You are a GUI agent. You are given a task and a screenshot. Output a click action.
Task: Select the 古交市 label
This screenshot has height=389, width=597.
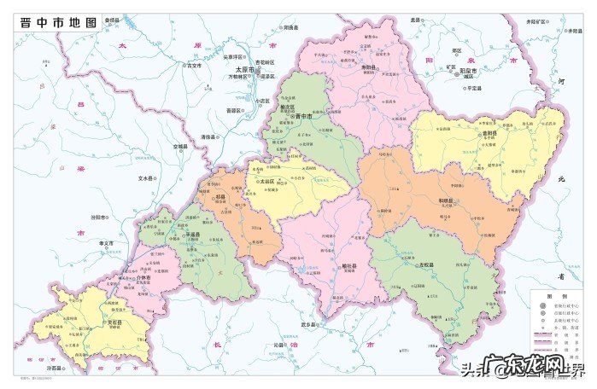[x=193, y=65]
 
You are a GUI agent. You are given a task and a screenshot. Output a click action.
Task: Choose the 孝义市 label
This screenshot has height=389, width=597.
[x=108, y=243]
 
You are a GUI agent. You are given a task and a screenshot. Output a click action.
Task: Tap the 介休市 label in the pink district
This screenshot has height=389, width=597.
[x=143, y=278]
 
